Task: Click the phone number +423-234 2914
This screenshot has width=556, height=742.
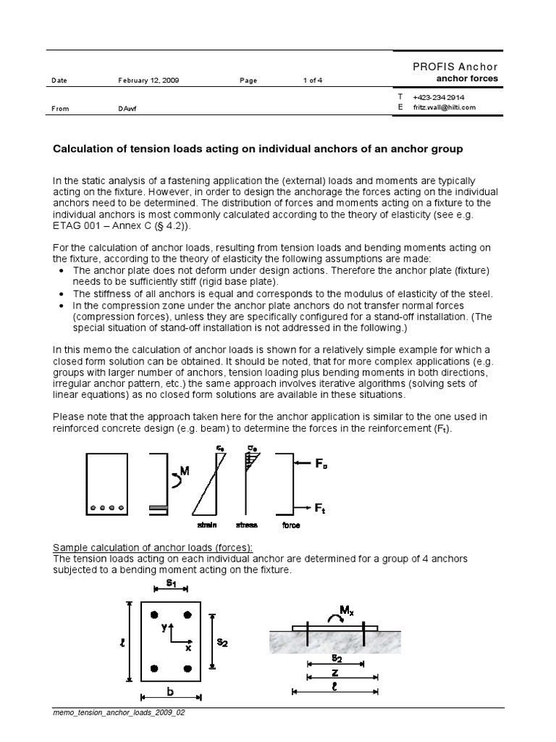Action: [x=439, y=97]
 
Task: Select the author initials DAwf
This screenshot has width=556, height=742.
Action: [x=128, y=109]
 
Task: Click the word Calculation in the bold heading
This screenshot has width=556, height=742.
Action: [x=85, y=149]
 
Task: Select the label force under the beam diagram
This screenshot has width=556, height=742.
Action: [x=292, y=525]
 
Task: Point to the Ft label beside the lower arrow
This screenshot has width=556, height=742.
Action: [x=320, y=509]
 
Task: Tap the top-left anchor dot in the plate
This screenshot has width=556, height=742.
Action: [x=153, y=615]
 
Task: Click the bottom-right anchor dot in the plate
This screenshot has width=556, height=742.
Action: [x=188, y=668]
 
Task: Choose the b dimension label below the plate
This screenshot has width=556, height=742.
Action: [x=171, y=693]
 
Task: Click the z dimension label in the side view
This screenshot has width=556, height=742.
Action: [x=334, y=673]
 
